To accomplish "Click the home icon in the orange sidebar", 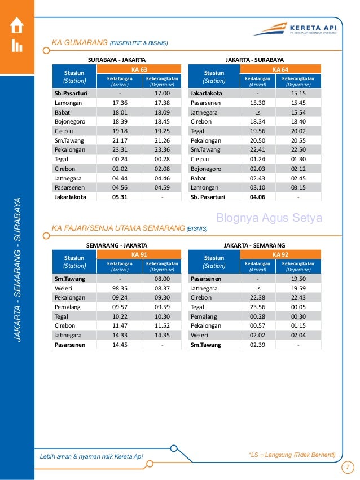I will click(x=17, y=25).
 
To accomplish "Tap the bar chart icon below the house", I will click(x=17, y=46).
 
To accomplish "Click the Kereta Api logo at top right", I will click(x=293, y=28).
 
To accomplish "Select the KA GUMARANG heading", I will click(x=110, y=42).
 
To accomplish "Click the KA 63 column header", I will click(x=139, y=69).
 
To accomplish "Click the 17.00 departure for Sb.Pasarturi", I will click(x=162, y=93).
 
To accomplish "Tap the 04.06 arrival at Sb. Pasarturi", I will click(x=257, y=197).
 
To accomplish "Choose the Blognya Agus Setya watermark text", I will click(x=270, y=218).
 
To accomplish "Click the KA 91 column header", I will click(x=139, y=255).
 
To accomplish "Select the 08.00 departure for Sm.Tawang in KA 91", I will click(x=162, y=279).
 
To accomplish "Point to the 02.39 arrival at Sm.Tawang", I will click(x=257, y=345).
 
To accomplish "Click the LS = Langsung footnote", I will click(x=292, y=455).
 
